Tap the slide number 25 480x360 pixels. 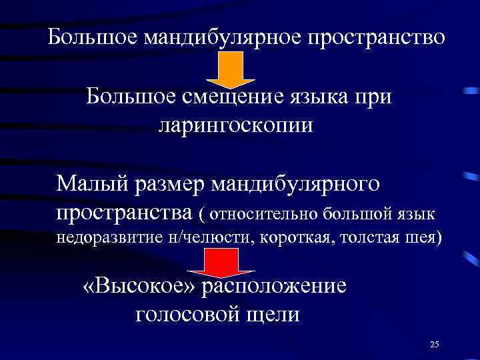[x=435, y=344]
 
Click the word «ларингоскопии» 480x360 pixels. [x=235, y=125]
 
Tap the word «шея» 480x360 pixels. [x=423, y=237]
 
